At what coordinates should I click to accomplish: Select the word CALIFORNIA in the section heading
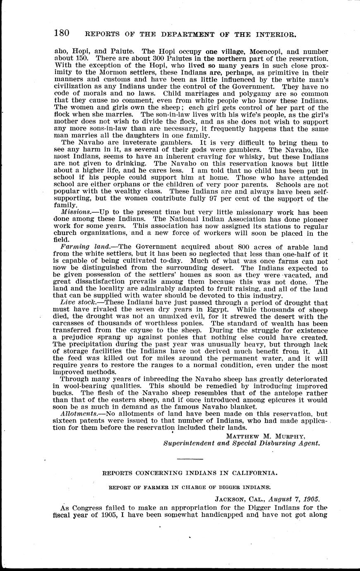[256, 472]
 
